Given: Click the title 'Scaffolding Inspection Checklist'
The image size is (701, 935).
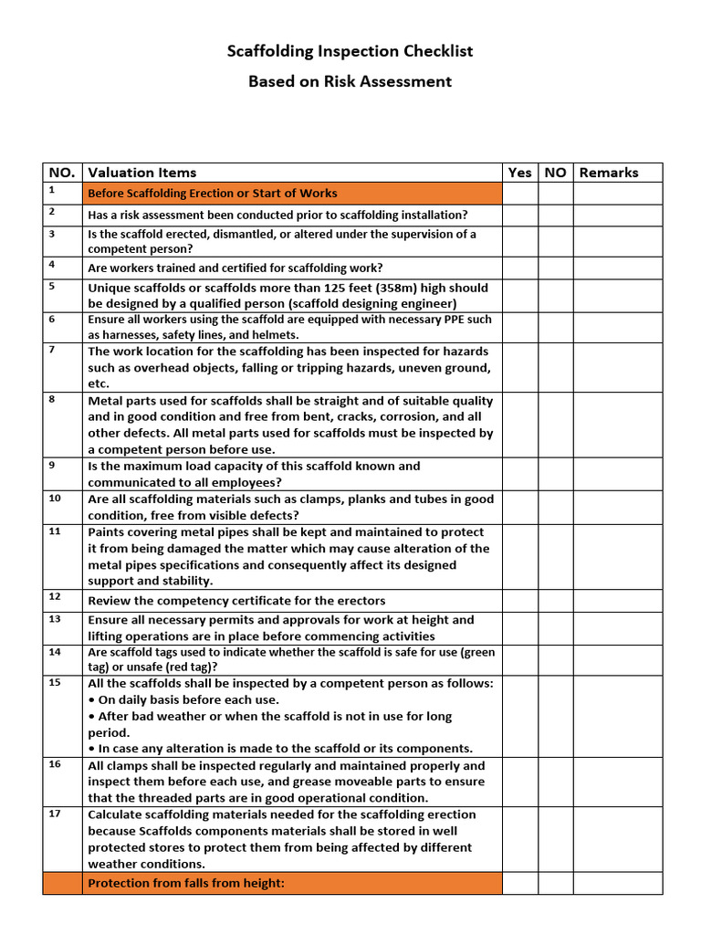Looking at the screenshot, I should point(350,51).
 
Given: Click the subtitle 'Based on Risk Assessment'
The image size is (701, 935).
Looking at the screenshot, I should point(350,81).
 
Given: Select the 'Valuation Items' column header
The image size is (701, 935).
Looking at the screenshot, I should point(141,173).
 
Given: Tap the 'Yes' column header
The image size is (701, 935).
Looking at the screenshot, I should point(519,173).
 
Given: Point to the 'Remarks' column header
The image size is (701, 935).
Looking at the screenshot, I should point(609,173).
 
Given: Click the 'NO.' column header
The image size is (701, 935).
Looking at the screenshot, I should point(61,173).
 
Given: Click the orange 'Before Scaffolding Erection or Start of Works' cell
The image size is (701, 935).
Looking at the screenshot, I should point(291,194).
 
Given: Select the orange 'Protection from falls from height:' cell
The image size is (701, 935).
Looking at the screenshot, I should point(291,883).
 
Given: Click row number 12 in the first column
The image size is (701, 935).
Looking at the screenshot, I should point(54,596).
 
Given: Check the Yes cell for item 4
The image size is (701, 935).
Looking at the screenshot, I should point(519,268).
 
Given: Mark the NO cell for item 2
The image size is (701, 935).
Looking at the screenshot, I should point(555,215).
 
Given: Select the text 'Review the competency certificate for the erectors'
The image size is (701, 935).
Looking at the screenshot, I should point(236,601).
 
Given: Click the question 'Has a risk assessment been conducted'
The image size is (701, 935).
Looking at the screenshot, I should point(219,215).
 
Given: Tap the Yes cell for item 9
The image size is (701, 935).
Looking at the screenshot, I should point(519,474).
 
